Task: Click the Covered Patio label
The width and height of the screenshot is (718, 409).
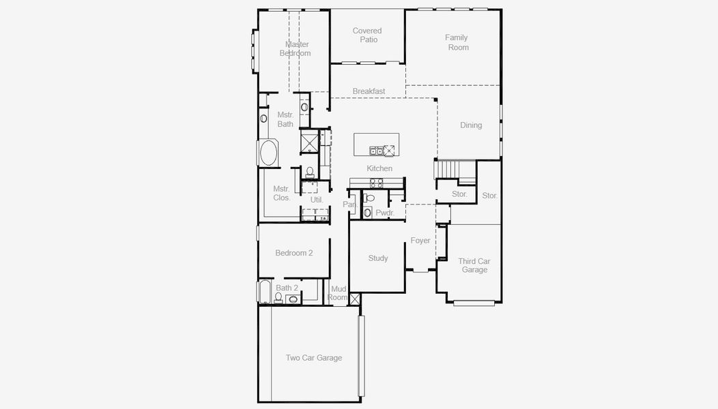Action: (367, 35)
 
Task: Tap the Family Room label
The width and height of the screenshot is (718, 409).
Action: (457, 42)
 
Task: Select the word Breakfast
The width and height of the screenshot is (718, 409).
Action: (369, 91)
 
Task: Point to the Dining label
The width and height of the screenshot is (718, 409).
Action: (471, 125)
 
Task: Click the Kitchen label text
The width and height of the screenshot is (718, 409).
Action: (379, 168)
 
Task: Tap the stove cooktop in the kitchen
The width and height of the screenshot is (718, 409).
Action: (376, 182)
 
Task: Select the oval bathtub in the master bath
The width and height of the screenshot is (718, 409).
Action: (268, 152)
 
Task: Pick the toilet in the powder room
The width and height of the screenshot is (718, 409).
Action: (369, 198)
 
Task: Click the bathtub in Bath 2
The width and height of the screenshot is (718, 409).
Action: (264, 293)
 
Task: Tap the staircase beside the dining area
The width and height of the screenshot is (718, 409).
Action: (447, 168)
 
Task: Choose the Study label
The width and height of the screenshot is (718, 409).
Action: (378, 258)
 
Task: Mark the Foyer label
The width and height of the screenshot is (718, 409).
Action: (420, 241)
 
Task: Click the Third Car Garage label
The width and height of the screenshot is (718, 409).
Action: (474, 265)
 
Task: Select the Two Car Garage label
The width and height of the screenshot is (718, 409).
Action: (314, 358)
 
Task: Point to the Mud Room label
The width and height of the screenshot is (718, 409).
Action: (339, 293)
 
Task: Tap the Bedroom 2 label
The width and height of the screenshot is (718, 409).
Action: (294, 253)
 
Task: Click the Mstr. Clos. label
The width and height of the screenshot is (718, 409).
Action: (282, 194)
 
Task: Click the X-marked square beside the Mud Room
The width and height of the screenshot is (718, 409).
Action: (355, 299)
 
